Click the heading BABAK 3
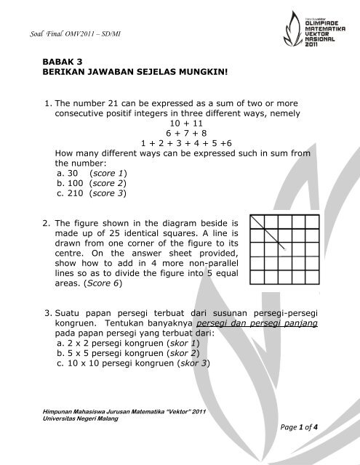(x=63, y=63)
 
